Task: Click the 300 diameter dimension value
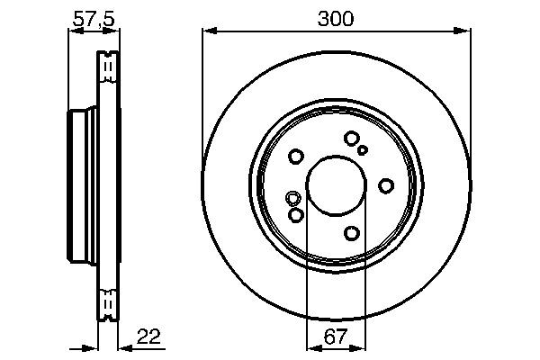pyautogui.click(x=336, y=18)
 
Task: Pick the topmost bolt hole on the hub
pyautogui.click(x=351, y=138)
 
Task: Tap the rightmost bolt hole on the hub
pyautogui.click(x=386, y=185)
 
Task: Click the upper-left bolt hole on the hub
pyautogui.click(x=296, y=157)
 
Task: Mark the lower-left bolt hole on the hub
pyautogui.click(x=296, y=215)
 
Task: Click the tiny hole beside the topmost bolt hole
pyautogui.click(x=363, y=150)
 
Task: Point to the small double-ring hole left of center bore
pyautogui.click(x=292, y=198)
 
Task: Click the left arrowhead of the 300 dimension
pyautogui.click(x=208, y=31)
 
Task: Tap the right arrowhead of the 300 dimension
pyautogui.click(x=465, y=31)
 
